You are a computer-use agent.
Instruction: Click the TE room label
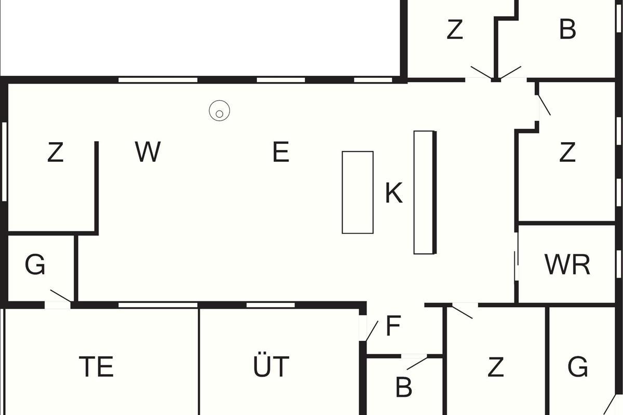(x=97, y=366)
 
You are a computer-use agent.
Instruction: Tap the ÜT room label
(x=271, y=366)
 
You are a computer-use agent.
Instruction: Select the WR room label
(x=567, y=265)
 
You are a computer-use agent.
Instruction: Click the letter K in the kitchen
(x=394, y=193)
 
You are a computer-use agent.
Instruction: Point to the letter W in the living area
(x=147, y=153)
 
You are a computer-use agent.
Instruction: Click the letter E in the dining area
(x=280, y=153)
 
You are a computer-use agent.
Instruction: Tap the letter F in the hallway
(x=393, y=326)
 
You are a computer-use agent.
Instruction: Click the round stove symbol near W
(x=219, y=111)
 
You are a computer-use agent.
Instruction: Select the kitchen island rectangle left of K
(x=357, y=192)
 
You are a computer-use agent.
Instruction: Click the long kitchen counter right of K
(x=424, y=192)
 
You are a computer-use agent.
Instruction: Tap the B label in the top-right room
(x=567, y=30)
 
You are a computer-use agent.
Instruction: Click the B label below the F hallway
(x=403, y=387)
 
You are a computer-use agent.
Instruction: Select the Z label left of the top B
(x=454, y=30)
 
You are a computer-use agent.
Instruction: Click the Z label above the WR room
(x=567, y=153)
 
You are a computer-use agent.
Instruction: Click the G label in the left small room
(x=35, y=265)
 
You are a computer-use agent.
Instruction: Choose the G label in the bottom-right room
(x=578, y=367)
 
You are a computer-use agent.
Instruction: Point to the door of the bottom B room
(x=417, y=363)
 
